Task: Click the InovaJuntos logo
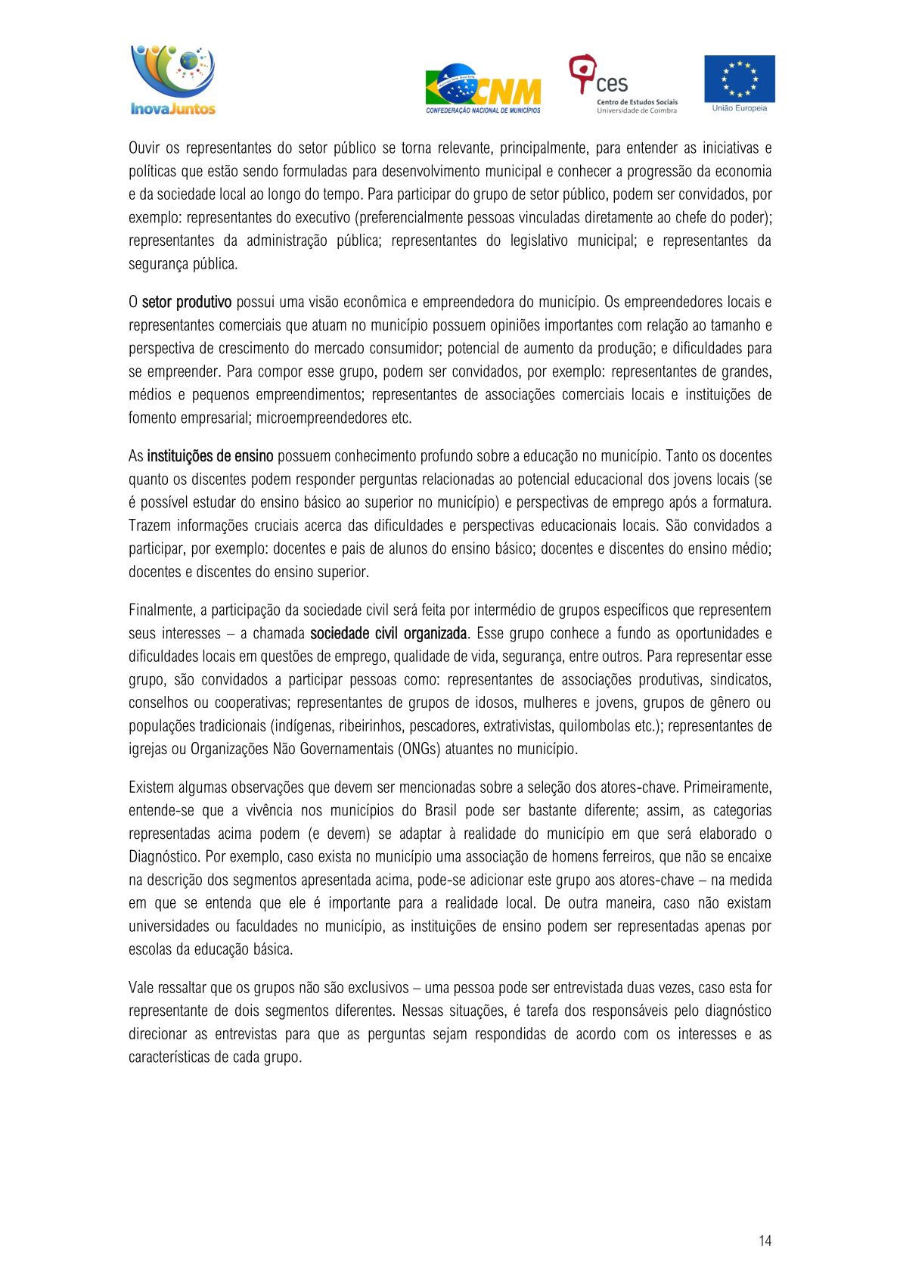tap(173, 80)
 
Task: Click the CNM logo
tap(483, 89)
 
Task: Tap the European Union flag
tap(739, 79)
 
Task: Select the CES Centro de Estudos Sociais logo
tap(622, 84)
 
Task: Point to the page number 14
tap(765, 1240)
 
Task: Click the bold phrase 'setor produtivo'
tap(187, 303)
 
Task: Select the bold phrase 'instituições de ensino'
tap(210, 456)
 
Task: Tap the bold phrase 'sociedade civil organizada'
tap(389, 633)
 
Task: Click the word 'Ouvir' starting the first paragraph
tap(144, 147)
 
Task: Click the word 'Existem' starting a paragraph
tap(151, 787)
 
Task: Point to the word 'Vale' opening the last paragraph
tap(141, 988)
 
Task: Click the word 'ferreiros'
tap(625, 857)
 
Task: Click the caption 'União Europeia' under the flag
tap(739, 108)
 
